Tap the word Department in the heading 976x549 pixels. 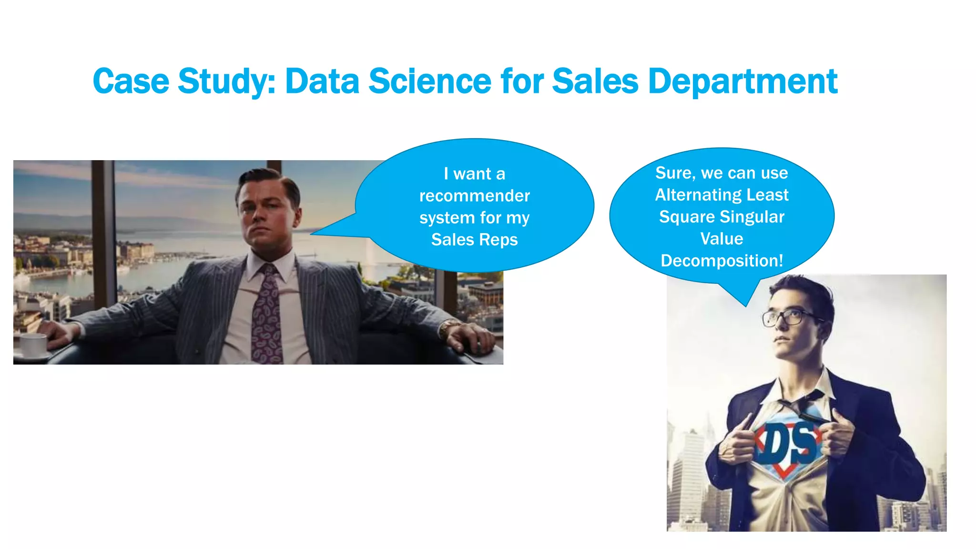pos(742,81)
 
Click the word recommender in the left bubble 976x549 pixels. pos(474,195)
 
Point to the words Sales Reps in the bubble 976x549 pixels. pos(474,239)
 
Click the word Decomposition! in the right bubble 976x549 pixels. pos(722,261)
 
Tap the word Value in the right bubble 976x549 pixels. pos(722,239)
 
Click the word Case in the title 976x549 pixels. pos(131,81)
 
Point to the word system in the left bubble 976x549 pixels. pos(447,218)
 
